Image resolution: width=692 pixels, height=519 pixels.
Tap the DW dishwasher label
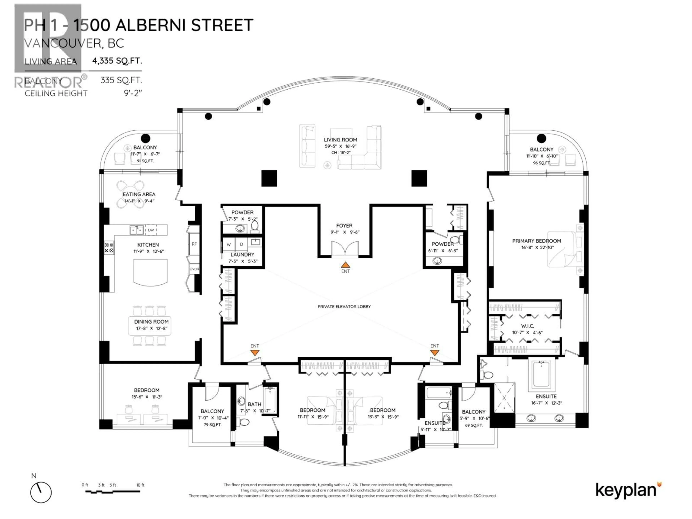[x=151, y=230]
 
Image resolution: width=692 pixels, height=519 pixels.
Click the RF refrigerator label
[x=194, y=244]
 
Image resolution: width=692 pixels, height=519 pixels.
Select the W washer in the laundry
[x=229, y=244]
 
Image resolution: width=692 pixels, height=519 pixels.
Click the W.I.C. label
[x=527, y=326]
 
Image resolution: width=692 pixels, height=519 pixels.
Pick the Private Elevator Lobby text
[x=344, y=307]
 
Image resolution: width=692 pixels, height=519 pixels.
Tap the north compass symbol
[x=41, y=492]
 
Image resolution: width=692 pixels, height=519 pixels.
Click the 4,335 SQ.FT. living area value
[x=117, y=61]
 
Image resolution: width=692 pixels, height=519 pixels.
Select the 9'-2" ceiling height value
[x=133, y=93]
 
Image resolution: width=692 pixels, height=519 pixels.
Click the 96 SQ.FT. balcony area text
[x=542, y=163]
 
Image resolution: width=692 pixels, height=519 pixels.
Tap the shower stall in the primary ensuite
[x=504, y=398]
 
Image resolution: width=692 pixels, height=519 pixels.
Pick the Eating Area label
[x=139, y=194]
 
